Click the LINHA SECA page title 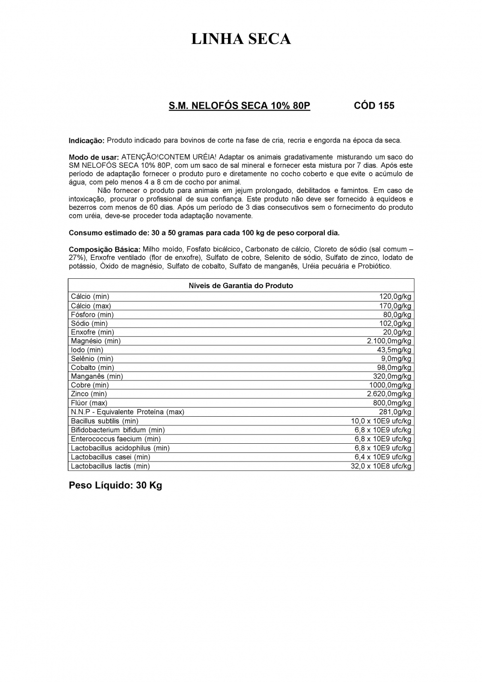[x=241, y=39]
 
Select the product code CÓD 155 [x=374, y=106]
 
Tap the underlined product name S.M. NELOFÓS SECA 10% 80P [x=239, y=106]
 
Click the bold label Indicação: [x=87, y=141]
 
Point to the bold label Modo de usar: [x=94, y=157]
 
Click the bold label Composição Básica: [x=105, y=249]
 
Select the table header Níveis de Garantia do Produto [x=241, y=286]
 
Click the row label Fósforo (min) [x=92, y=314]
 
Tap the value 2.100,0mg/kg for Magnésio [x=389, y=341]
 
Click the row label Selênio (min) [x=92, y=358]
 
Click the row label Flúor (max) [x=89, y=403]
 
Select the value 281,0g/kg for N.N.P [x=395, y=412]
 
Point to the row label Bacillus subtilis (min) [x=105, y=421]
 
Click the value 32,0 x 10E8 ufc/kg [x=381, y=466]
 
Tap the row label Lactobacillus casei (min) [x=110, y=457]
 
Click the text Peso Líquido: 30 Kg [x=115, y=485]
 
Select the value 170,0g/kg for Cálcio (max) [x=395, y=306]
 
